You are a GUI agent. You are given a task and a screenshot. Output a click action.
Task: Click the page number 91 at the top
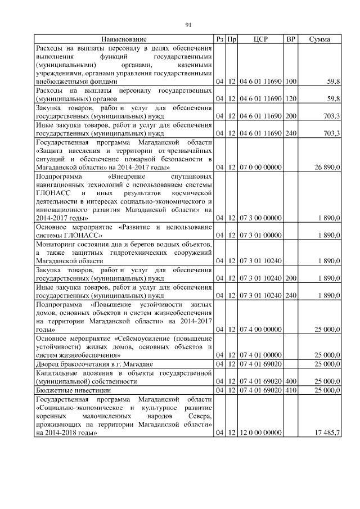coord(188,24)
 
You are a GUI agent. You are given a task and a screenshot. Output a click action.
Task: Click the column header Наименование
coord(124,39)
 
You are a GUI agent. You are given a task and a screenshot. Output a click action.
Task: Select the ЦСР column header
coord(260,39)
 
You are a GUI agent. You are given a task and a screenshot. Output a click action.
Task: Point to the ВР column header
coord(291,39)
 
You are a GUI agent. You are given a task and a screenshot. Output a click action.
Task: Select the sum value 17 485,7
coord(326,433)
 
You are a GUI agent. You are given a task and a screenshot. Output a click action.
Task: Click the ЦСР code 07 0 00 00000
coord(260,168)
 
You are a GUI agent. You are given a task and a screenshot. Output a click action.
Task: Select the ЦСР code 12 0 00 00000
coord(260,433)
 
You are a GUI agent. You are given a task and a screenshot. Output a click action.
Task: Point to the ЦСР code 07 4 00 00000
coord(260,329)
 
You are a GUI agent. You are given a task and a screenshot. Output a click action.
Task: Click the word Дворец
coord(49,364)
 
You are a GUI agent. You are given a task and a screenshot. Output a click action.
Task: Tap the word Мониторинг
coord(60,244)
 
